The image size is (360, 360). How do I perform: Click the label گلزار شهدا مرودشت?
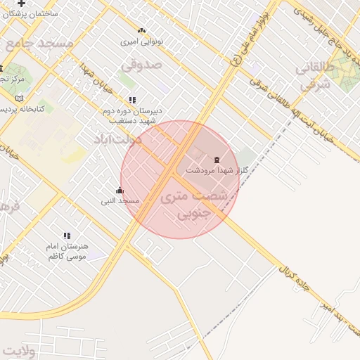pos(217,170)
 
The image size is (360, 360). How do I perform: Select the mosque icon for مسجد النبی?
pos(120,191)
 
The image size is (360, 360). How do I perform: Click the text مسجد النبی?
pos(120,201)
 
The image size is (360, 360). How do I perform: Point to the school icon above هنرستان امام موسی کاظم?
pos(67,236)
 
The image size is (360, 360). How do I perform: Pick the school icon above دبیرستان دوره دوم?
pos(132,100)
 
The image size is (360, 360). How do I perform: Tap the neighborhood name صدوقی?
pos(141,65)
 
